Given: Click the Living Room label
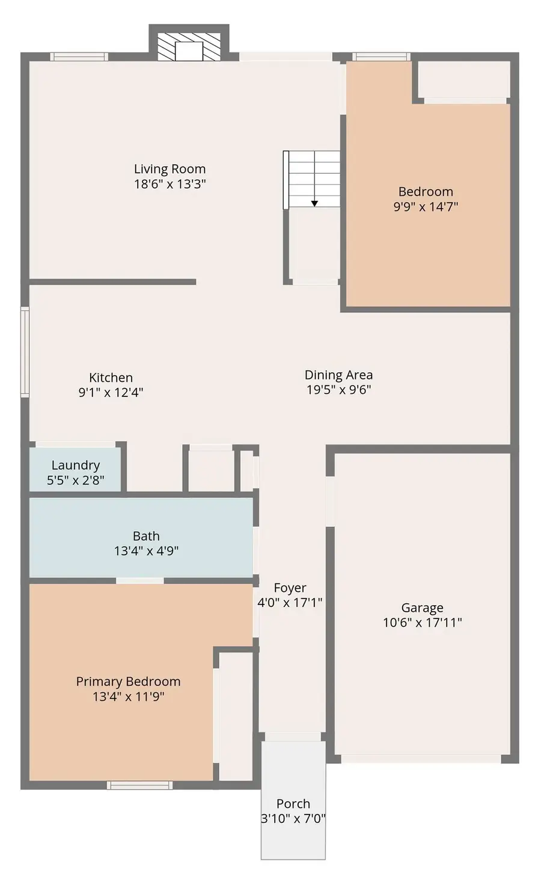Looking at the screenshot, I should point(170,169).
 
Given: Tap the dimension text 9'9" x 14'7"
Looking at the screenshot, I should point(426,207).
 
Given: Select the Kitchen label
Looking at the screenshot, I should point(111,378).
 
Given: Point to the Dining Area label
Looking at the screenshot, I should point(338,375).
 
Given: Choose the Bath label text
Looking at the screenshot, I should point(146,536).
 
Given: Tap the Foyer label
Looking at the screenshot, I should point(290,588).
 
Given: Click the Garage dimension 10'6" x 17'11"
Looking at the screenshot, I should point(422,623).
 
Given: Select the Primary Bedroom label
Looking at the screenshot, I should point(128,681).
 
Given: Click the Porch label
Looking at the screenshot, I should point(293,804).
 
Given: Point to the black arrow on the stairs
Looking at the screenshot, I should point(314,203).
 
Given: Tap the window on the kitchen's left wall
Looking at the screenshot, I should point(25,352).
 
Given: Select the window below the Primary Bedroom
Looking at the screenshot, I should point(140,785).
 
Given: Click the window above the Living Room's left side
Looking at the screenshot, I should point(79,57).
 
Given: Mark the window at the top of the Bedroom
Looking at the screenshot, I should point(381,57).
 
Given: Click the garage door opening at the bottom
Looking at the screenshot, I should point(421,759).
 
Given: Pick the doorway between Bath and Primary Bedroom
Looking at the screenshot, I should point(139,580).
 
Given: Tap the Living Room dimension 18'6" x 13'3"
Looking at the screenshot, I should point(170,184).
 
